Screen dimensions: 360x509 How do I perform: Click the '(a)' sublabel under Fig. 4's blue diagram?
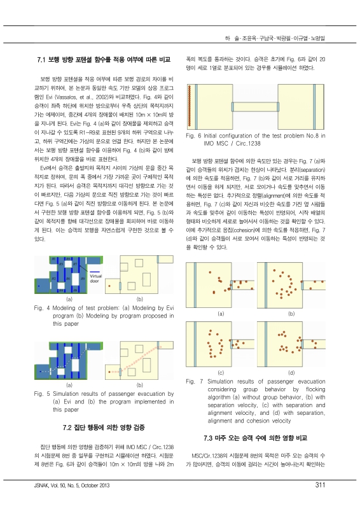[69, 298]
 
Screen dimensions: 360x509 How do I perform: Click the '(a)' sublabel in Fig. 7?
[221, 314]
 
